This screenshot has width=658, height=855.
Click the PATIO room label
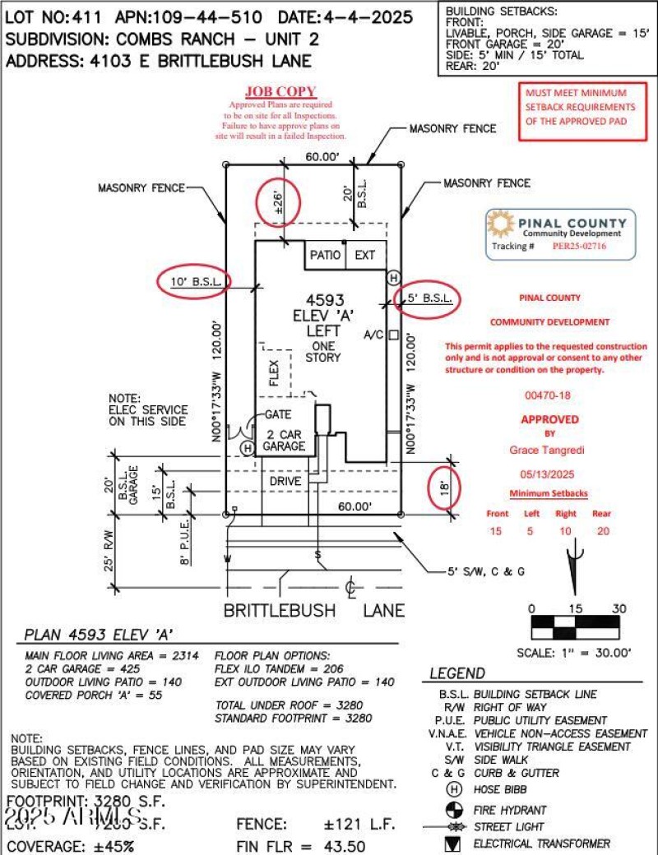326,255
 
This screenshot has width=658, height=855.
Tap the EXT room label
364,255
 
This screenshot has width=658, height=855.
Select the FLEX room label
275,372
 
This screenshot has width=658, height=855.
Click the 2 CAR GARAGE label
284,440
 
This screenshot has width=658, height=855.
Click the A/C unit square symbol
394,335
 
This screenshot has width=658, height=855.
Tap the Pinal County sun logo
502,224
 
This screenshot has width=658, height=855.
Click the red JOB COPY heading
280,92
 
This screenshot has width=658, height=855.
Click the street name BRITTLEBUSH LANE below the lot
315,610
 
